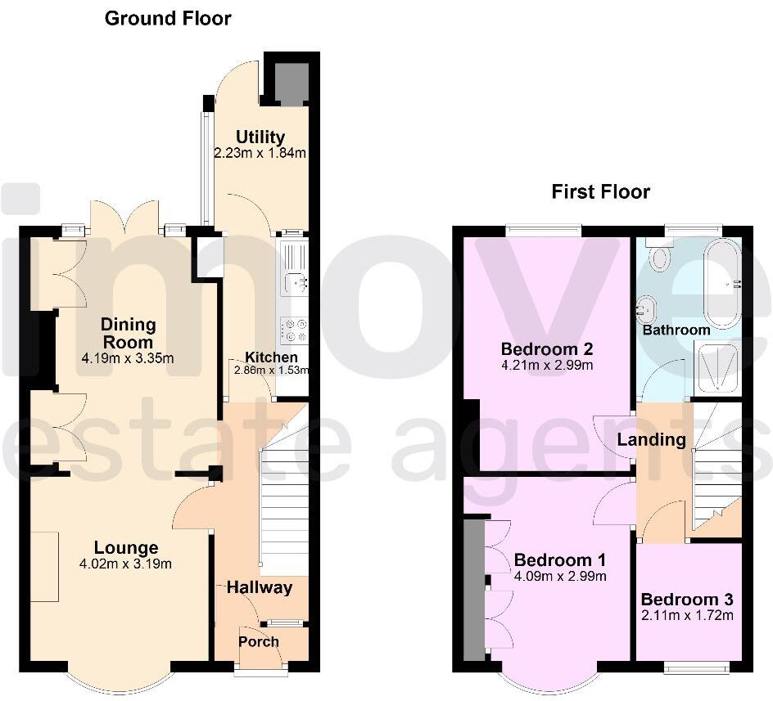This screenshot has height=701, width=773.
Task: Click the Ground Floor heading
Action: [x=168, y=18]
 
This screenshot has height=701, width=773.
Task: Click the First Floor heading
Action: [x=600, y=192]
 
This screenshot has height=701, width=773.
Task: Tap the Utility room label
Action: [x=260, y=137]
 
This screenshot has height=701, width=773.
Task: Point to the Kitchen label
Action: [x=272, y=357]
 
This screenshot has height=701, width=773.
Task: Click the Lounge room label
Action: [x=125, y=548]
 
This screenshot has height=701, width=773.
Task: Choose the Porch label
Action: [x=259, y=641]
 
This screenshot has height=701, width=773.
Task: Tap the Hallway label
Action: [x=259, y=586]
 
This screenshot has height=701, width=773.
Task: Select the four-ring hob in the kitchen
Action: [x=294, y=330]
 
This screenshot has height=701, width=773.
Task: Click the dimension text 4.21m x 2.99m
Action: [x=546, y=366]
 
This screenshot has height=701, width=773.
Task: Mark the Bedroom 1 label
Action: [x=559, y=560]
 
